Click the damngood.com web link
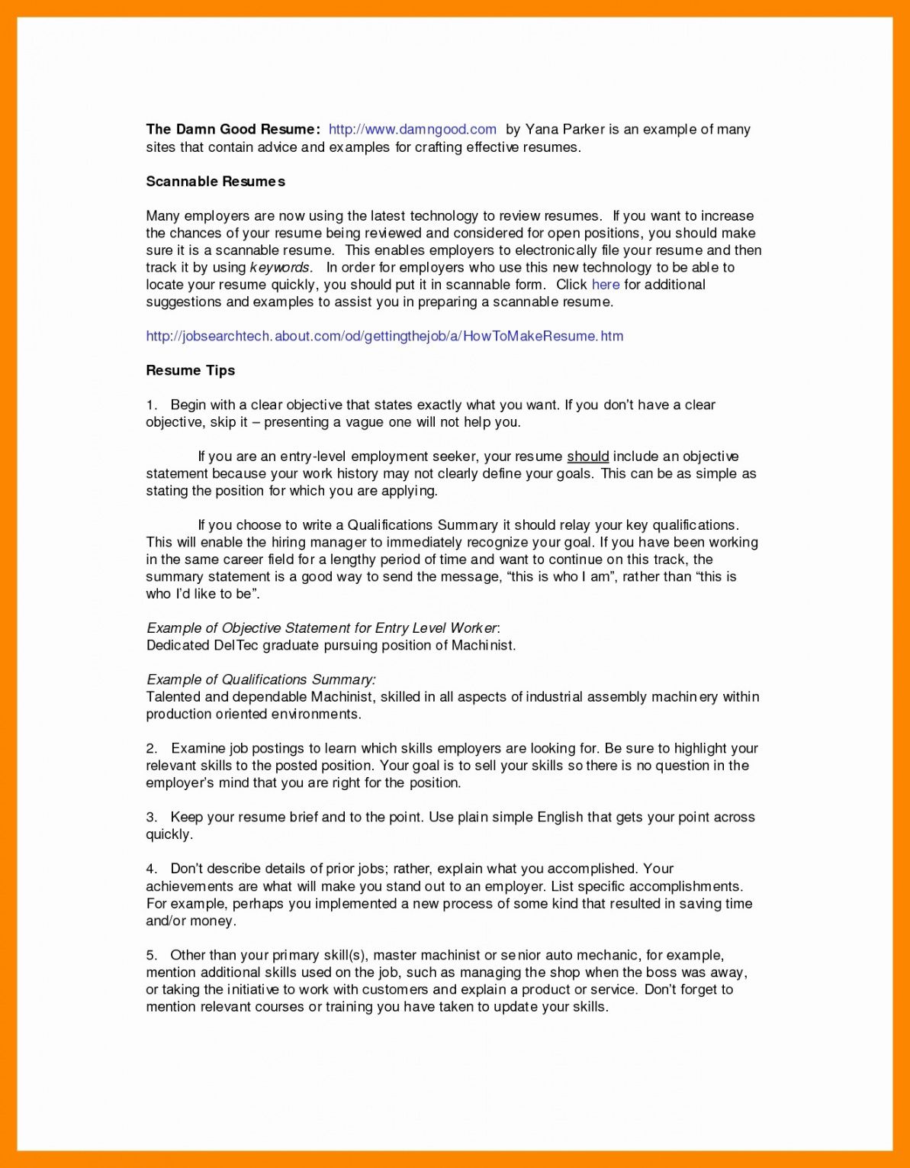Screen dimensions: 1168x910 [412, 130]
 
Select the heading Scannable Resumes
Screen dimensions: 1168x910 [215, 182]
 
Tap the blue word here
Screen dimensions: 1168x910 [606, 285]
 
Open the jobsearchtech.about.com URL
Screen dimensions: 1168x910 [384, 336]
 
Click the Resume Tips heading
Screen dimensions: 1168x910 [190, 370]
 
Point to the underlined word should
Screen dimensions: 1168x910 [587, 457]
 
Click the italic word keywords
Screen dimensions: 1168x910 [280, 268]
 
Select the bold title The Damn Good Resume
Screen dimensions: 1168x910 [232, 130]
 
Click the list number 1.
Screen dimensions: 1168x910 [151, 405]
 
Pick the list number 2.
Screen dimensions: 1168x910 [151, 748]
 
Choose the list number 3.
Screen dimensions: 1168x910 [151, 817]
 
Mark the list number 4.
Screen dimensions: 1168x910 [151, 869]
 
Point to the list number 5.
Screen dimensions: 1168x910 [151, 955]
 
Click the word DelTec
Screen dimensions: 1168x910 [236, 646]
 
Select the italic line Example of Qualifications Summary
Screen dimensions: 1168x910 [260, 679]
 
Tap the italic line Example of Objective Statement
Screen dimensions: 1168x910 [322, 628]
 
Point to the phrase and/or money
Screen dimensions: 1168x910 [191, 921]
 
